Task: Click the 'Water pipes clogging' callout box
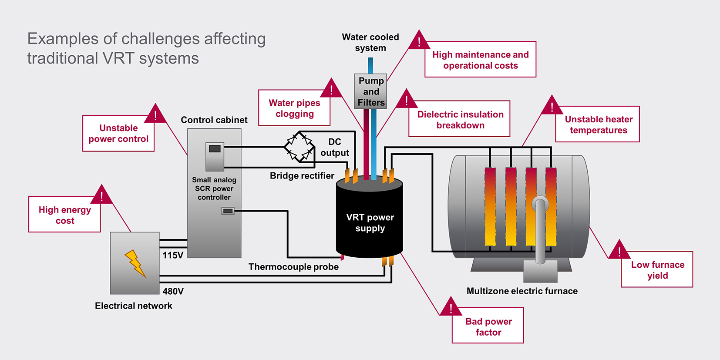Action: click(x=294, y=108)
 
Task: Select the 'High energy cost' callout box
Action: click(x=64, y=215)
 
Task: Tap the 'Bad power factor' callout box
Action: click(x=488, y=326)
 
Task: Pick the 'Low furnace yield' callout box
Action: click(x=657, y=270)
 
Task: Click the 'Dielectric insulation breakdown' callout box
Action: click(x=460, y=119)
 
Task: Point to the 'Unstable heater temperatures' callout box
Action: click(x=598, y=124)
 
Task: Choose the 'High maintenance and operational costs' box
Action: click(x=480, y=60)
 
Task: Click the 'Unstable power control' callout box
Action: click(x=118, y=133)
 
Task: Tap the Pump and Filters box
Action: click(x=370, y=91)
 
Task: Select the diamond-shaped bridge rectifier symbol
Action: click(x=299, y=147)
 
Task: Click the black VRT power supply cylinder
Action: click(x=370, y=222)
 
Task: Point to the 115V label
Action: click(x=173, y=255)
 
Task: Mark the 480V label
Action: click(x=173, y=291)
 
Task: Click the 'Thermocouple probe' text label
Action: click(x=293, y=267)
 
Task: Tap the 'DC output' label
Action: click(x=334, y=147)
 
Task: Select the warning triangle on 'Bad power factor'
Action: click(x=451, y=308)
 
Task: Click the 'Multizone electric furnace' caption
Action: click(x=522, y=291)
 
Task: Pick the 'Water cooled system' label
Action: click(x=370, y=42)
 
